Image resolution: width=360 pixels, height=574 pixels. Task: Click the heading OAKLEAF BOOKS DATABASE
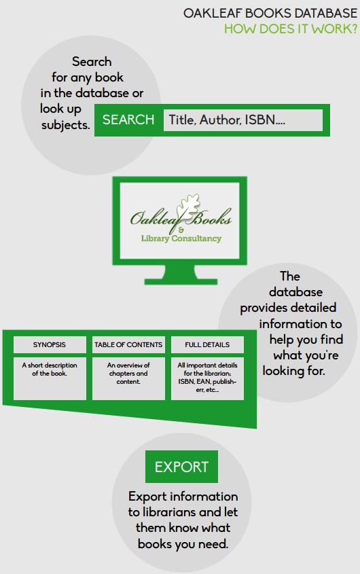pyautogui.click(x=270, y=13)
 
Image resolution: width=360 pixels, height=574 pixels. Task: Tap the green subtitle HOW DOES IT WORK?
pyautogui.click(x=291, y=29)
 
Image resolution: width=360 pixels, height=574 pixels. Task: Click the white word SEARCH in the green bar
pyautogui.click(x=128, y=120)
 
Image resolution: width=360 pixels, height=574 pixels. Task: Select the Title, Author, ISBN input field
pyautogui.click(x=243, y=120)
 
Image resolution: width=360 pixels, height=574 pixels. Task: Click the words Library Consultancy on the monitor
pyautogui.click(x=181, y=238)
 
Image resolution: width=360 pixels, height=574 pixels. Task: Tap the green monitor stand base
pyautogui.click(x=181, y=281)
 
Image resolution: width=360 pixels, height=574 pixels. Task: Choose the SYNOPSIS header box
pyautogui.click(x=50, y=345)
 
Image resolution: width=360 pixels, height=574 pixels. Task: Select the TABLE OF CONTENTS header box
pyautogui.click(x=128, y=345)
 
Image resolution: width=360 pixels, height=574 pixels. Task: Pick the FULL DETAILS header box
pyautogui.click(x=207, y=345)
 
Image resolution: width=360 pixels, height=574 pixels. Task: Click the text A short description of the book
pyautogui.click(x=50, y=370)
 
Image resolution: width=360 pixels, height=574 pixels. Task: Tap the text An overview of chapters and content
pyautogui.click(x=128, y=374)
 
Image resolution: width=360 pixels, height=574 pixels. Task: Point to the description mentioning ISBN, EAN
pyautogui.click(x=207, y=378)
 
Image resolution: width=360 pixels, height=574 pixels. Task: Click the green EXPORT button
pyautogui.click(x=181, y=467)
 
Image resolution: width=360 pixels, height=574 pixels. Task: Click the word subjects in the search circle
pyautogui.click(x=66, y=125)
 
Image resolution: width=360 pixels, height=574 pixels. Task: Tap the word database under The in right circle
pyautogui.click(x=296, y=292)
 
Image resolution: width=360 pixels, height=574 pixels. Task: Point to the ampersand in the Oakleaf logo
pyautogui.click(x=181, y=230)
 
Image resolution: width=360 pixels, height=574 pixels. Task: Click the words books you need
pyautogui.click(x=183, y=544)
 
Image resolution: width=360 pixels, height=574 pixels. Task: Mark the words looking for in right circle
pyautogui.click(x=293, y=371)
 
